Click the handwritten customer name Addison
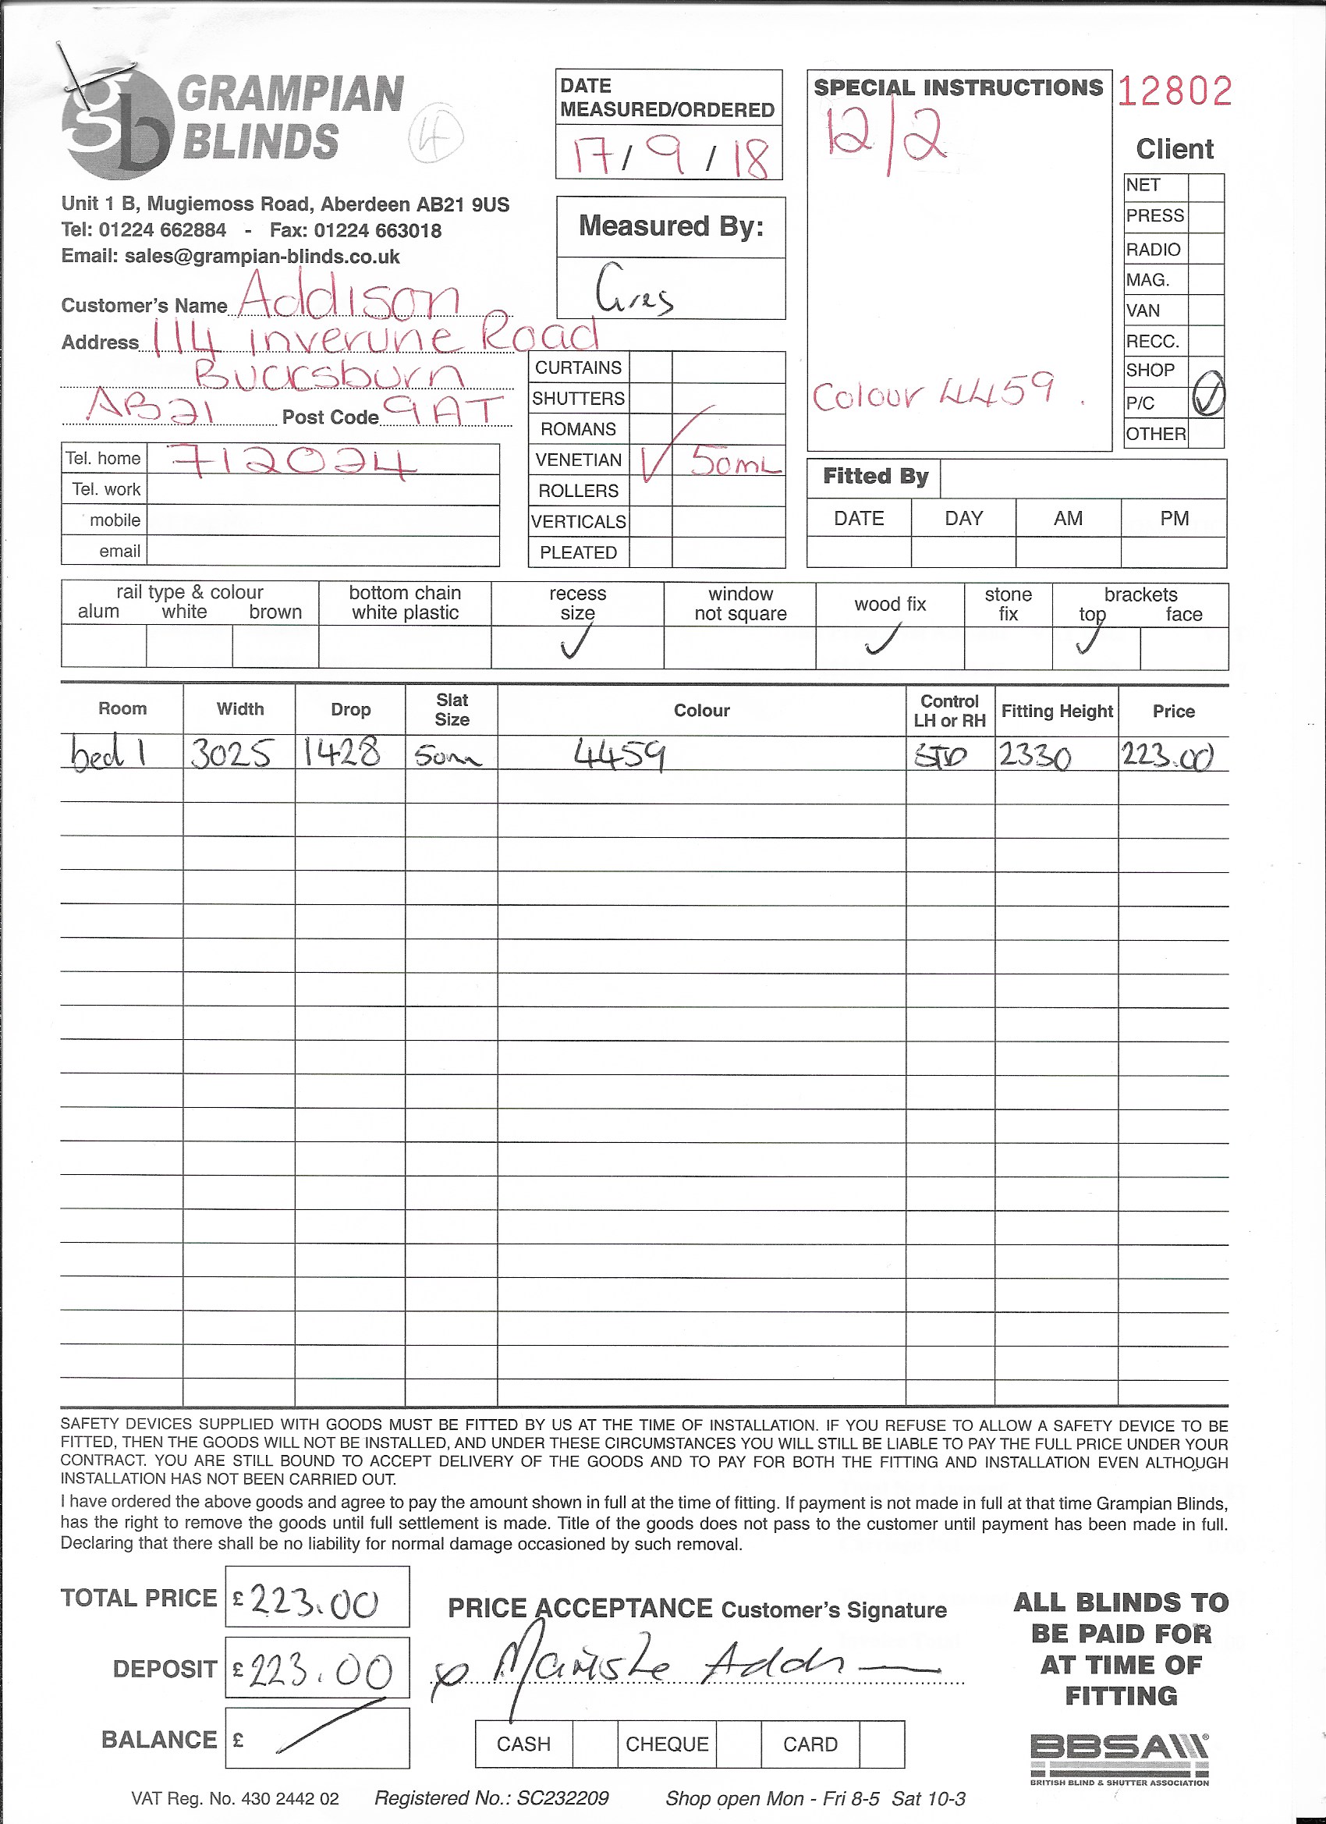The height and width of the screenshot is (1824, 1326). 349,296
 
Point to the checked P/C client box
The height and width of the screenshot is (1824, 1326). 1206,397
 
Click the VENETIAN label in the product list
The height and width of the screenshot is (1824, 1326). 578,460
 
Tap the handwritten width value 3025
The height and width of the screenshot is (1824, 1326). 230,754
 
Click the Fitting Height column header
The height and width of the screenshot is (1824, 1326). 1057,711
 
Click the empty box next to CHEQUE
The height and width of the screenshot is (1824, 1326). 738,1744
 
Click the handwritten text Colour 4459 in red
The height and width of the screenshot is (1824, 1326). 933,393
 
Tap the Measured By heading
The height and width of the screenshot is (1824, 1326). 671,226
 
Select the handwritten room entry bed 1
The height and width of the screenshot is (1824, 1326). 108,754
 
